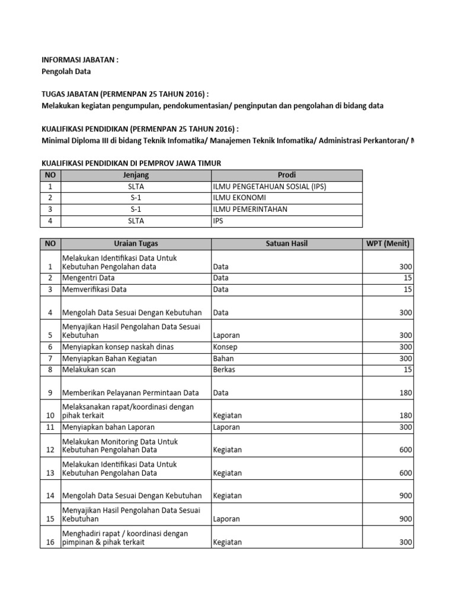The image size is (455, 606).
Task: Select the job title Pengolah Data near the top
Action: [65, 72]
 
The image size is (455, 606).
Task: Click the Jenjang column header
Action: [136, 175]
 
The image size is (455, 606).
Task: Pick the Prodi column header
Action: [286, 175]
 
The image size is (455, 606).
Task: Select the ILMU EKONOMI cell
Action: [239, 198]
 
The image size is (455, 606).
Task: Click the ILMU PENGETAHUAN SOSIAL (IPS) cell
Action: [270, 186]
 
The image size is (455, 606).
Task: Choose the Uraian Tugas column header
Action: [136, 244]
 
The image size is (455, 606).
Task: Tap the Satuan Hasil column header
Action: [286, 244]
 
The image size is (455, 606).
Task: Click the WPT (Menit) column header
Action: [387, 244]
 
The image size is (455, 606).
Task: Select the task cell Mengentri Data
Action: [89, 278]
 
